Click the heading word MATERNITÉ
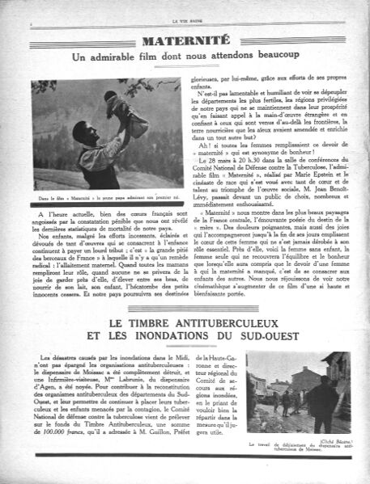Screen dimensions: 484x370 (x=185, y=43)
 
